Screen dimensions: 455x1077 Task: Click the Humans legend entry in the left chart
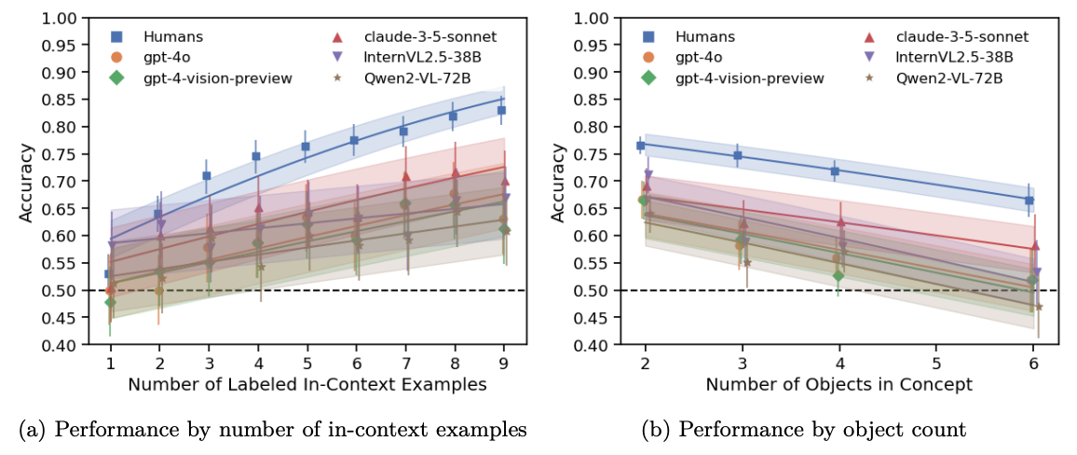click(x=172, y=37)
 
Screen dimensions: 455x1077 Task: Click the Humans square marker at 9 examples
click(x=501, y=110)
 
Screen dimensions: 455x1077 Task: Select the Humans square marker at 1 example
click(x=109, y=274)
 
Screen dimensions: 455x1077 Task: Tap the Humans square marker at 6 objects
click(x=1029, y=200)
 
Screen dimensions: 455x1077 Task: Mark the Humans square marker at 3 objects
click(x=738, y=156)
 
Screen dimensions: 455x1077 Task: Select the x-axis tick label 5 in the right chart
click(x=936, y=364)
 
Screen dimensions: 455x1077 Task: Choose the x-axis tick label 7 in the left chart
click(x=405, y=364)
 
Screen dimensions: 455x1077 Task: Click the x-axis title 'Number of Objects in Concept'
click(x=838, y=384)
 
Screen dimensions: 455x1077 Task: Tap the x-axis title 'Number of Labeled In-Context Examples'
click(x=307, y=384)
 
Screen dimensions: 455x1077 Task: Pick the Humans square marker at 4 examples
click(x=256, y=157)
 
